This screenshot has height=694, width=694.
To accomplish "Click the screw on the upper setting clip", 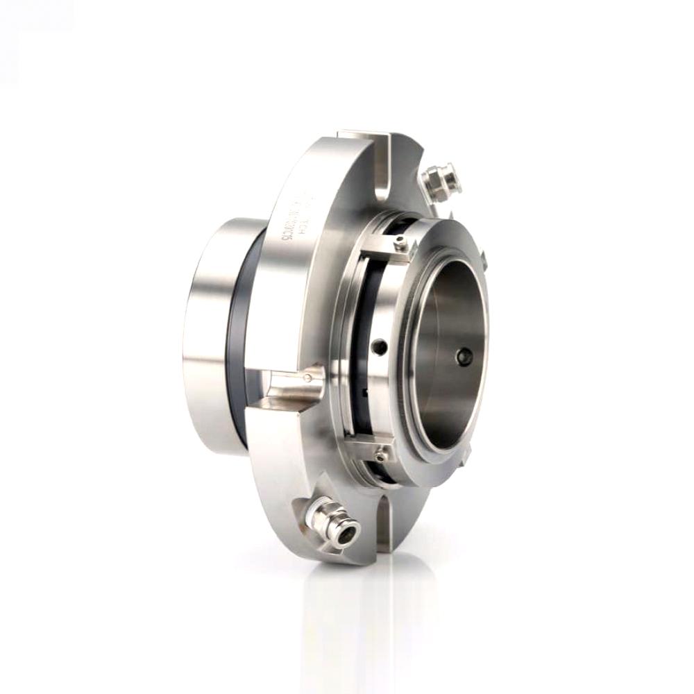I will [400, 242].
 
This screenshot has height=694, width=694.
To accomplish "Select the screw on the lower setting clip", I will [380, 455].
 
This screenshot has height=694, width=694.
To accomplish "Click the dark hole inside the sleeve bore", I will [463, 356].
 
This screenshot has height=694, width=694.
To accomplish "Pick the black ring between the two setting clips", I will [361, 347].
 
